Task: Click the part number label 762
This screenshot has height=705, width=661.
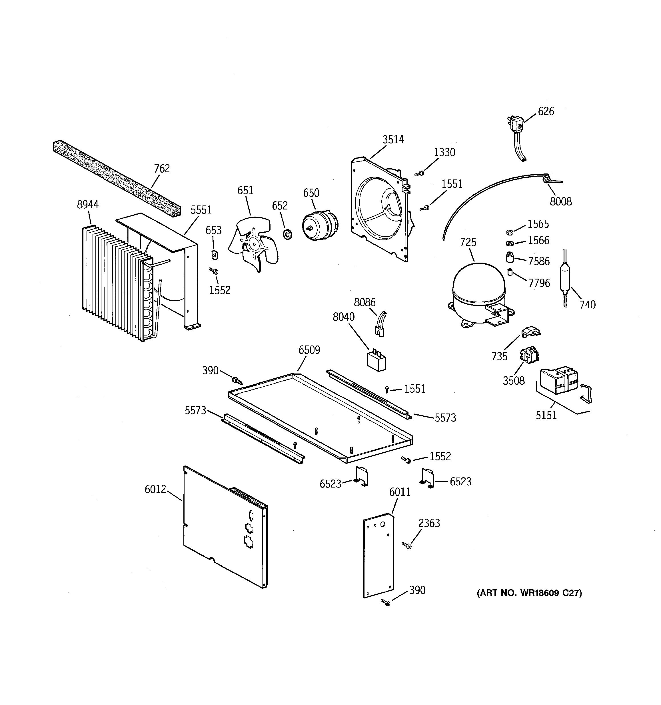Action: pyautogui.click(x=162, y=168)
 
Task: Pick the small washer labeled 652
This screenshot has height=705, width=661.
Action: pyautogui.click(x=287, y=234)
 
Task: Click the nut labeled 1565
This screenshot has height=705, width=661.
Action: pyautogui.click(x=509, y=232)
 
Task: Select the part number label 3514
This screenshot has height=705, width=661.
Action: pyautogui.click(x=393, y=139)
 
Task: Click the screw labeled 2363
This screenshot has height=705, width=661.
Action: pyautogui.click(x=407, y=546)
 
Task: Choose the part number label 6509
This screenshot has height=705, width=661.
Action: pyautogui.click(x=309, y=350)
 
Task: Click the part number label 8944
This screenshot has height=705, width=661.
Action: pyautogui.click(x=87, y=205)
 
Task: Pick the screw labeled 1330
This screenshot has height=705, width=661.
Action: pyautogui.click(x=419, y=173)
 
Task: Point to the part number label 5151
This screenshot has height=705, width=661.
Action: pyautogui.click(x=546, y=415)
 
